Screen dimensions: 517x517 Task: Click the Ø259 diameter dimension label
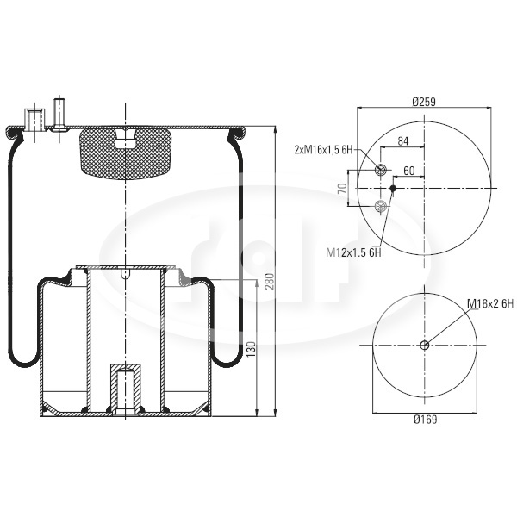tap(424, 102)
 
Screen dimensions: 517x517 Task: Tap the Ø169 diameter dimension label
tap(425, 420)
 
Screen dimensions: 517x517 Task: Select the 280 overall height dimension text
tap(270, 281)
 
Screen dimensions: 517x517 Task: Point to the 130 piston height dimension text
tap(251, 350)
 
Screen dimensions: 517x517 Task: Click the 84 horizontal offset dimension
tap(403, 141)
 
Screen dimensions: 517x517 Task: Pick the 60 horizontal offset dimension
tap(408, 171)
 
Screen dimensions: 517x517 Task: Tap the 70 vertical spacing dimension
tap(343, 188)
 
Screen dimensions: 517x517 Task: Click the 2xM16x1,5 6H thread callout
tap(323, 150)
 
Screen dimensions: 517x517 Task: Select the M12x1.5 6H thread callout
tap(353, 252)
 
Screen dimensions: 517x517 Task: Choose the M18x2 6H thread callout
tap(490, 304)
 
